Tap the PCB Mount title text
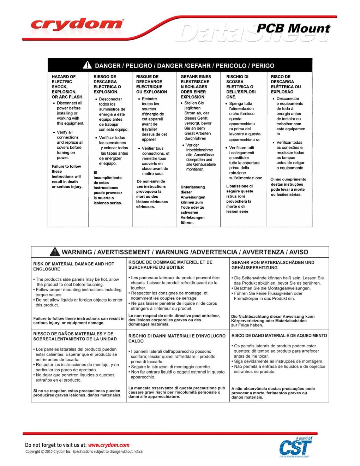pyautogui.click(x=293, y=28)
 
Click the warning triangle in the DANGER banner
pyautogui.click(x=87, y=65)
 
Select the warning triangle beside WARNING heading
pyautogui.click(x=55, y=252)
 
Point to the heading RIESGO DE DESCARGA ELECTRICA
pyautogui.click(x=107, y=84)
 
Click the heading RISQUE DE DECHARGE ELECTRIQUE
pyautogui.click(x=149, y=84)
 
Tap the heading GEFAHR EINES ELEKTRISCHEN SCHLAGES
pyautogui.click(x=196, y=86)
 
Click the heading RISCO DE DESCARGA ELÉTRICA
pyautogui.click(x=286, y=84)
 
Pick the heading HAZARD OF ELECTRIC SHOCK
pyautogui.click(x=67, y=86)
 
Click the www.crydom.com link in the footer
pyautogui.click(x=108, y=445)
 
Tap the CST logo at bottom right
pyautogui.click(x=296, y=448)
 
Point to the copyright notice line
pyautogui.click(x=84, y=452)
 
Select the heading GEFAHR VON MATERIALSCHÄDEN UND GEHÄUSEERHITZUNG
pyautogui.click(x=272, y=265)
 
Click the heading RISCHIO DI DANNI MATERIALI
pyautogui.click(x=176, y=338)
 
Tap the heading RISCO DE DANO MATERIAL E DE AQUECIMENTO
pyautogui.click(x=279, y=335)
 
